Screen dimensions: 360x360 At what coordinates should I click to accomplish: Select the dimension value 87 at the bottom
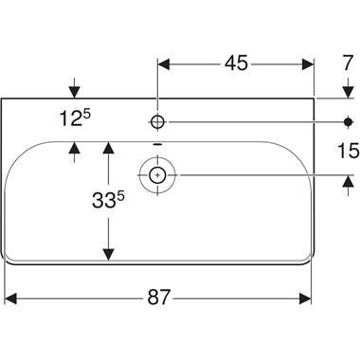pyautogui.click(x=158, y=297)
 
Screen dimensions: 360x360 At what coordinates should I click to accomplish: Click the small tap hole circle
pyautogui.click(x=158, y=121)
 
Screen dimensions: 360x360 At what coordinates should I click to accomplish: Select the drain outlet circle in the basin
pyautogui.click(x=158, y=174)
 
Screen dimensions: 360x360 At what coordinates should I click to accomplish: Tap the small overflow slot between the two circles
pyautogui.click(x=158, y=145)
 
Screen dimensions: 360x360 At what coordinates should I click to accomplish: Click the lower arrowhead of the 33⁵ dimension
pyautogui.click(x=109, y=253)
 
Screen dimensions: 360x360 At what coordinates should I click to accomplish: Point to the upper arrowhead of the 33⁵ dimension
pyautogui.click(x=109, y=148)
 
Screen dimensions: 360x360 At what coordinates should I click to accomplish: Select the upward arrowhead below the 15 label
pyautogui.click(x=345, y=182)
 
